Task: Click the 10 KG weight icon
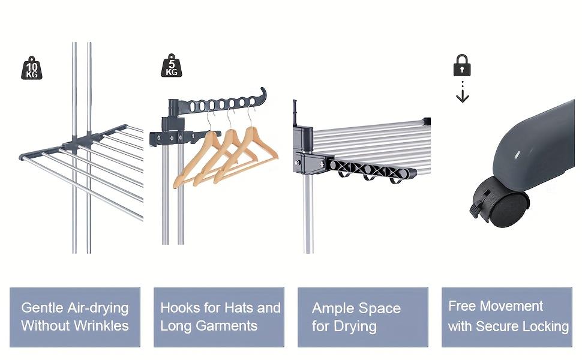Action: point(32,68)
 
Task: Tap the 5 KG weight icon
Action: point(172,65)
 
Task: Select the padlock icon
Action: point(462,65)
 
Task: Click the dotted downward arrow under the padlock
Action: point(463,91)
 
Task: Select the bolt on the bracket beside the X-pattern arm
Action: point(298,163)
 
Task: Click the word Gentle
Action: point(42,308)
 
